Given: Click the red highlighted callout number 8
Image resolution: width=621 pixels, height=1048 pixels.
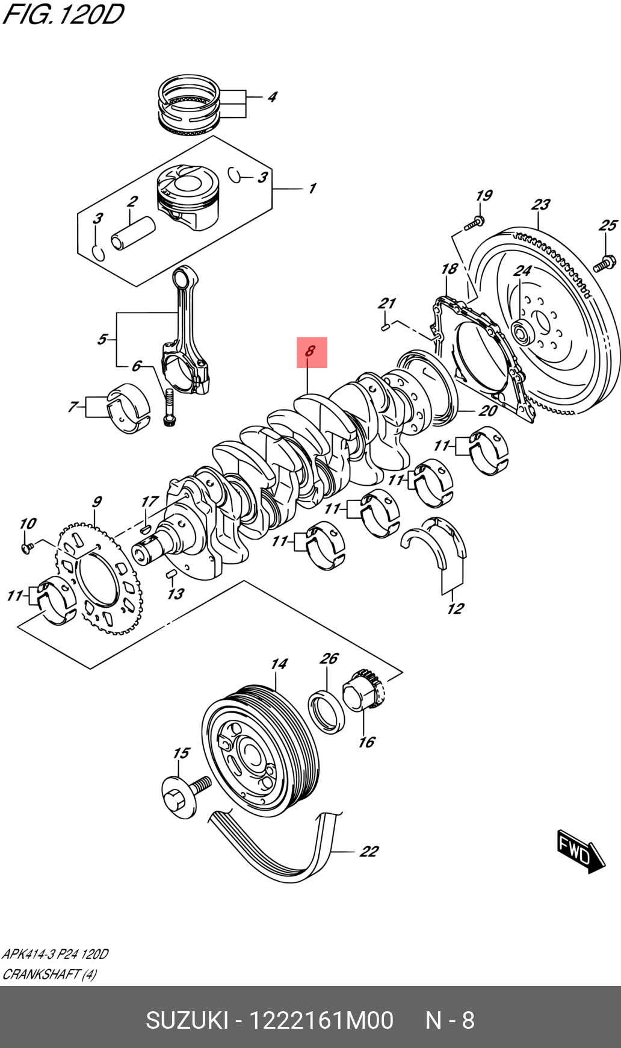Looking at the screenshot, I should pos(311,352).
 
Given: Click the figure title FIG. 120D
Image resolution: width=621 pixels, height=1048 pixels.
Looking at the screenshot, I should pos(63,14).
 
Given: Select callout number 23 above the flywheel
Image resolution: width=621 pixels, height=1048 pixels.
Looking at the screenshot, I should pos(540,205).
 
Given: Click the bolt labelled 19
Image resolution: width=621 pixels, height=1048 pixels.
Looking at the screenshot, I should pos(474,224).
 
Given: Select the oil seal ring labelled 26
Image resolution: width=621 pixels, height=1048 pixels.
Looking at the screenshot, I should pos(326,713).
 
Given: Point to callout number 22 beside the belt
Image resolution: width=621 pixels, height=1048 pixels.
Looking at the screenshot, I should pos(368,851).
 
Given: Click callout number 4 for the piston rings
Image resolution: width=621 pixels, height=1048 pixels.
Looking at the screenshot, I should pos(272,97).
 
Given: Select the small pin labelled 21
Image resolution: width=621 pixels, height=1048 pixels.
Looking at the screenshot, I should pos(386,326).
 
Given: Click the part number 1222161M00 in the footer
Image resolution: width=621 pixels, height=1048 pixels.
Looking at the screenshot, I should pos(321,1020).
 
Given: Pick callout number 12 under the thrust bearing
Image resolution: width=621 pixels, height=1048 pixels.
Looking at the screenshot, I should pos(456,608).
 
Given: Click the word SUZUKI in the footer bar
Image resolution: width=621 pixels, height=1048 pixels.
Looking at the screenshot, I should pos(187,1020).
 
